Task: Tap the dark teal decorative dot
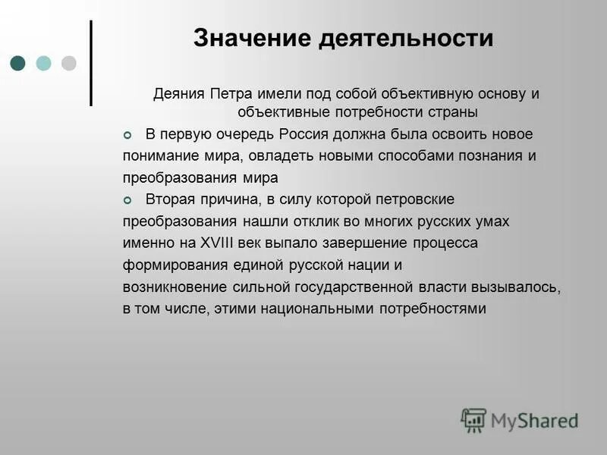coord(19,63)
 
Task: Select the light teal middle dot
coord(44,63)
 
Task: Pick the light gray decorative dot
coord(69,63)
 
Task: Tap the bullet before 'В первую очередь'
coord(127,135)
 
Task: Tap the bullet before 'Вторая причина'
coord(127,200)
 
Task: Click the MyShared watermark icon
coord(473,419)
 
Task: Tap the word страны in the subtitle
coord(454,112)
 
